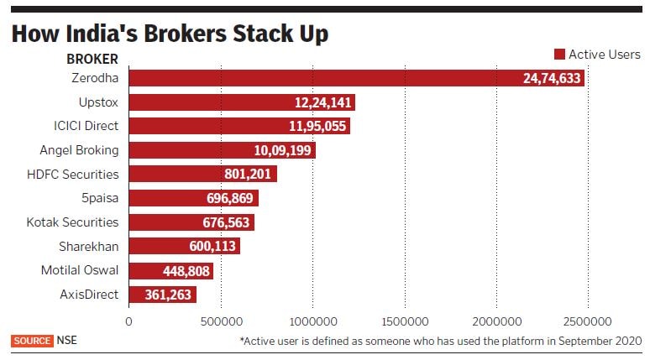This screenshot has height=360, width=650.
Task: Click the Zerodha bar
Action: point(356,78)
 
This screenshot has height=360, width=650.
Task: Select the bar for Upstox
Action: point(242,102)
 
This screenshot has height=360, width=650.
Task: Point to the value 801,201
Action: point(240,175)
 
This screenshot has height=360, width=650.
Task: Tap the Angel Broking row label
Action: point(79,150)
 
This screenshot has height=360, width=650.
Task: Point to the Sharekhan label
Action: point(89,247)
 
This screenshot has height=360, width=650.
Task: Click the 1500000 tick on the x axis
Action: point(405,321)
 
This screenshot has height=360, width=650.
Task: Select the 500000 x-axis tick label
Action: point(221,321)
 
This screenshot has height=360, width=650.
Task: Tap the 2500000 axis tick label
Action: point(588,321)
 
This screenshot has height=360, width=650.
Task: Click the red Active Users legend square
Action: point(559,55)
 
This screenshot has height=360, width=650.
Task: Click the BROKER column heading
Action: point(92,60)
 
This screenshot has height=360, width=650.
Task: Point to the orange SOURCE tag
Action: point(32,341)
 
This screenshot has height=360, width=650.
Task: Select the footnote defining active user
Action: point(440,342)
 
